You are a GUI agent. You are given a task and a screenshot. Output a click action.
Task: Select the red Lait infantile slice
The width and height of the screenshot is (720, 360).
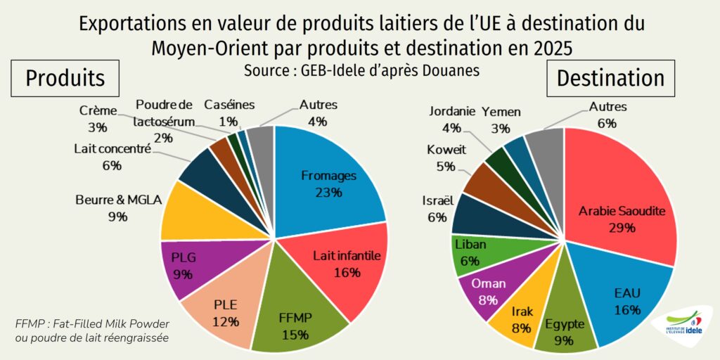(x=345, y=264)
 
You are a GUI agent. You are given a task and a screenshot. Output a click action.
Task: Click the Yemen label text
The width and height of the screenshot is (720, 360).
(x=501, y=111)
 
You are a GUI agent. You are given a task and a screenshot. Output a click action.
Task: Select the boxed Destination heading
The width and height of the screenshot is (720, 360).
(x=610, y=78)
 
